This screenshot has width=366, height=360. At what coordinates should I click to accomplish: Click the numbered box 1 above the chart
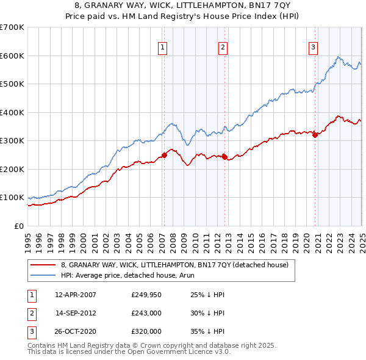click(163, 47)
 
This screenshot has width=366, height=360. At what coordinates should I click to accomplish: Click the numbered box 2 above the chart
click(223, 47)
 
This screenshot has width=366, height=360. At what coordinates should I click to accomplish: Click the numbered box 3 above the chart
click(313, 47)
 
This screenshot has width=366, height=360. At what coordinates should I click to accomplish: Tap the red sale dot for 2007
click(164, 155)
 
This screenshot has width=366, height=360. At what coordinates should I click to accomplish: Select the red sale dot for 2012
click(224, 157)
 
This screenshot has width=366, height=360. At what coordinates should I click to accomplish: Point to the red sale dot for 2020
click(315, 135)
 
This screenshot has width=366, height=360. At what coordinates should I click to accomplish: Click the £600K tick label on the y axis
click(12, 56)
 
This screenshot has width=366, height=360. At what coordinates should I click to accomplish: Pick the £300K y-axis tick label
click(12, 141)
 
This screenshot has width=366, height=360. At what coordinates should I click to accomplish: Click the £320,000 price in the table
click(146, 332)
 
